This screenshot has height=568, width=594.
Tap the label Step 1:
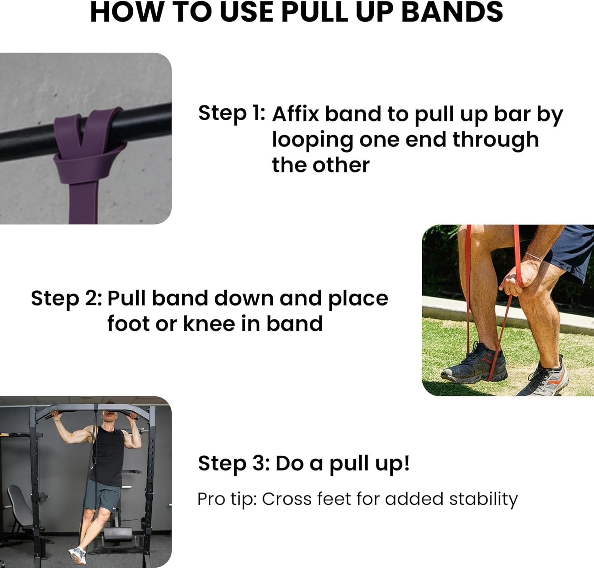(x=232, y=113)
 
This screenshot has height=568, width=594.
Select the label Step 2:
(x=67, y=298)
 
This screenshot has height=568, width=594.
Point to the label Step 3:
(x=234, y=463)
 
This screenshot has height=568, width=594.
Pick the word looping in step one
(x=312, y=141)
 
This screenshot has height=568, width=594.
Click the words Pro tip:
(x=227, y=500)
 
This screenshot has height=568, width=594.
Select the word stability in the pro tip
(x=483, y=499)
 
